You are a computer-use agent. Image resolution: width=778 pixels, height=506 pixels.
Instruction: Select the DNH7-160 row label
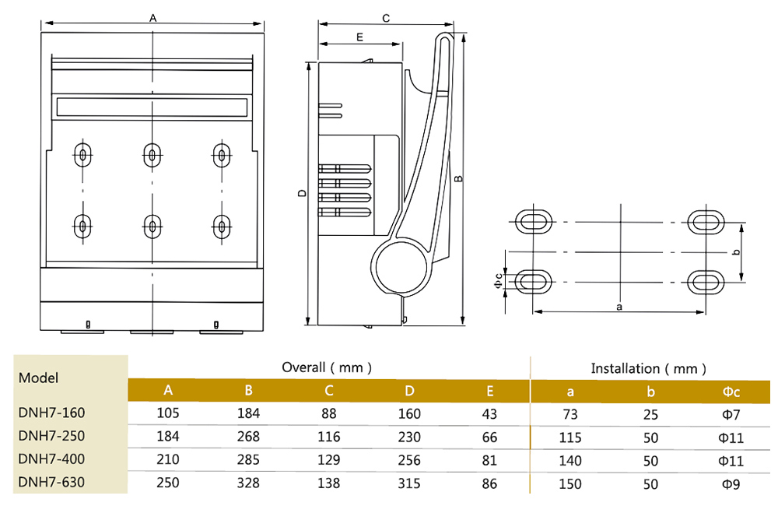tap(51, 413)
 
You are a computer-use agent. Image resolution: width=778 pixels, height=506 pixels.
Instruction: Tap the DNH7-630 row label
tap(51, 482)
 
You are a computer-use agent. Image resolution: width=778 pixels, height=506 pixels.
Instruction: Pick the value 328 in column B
tap(248, 483)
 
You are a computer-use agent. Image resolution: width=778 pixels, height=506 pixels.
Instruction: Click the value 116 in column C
tap(328, 437)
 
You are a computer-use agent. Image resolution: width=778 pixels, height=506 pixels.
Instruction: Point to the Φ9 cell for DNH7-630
tap(731, 483)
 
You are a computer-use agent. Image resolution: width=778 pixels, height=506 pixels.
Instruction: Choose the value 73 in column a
tap(570, 414)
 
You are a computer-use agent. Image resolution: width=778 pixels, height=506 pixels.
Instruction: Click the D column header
tap(409, 391)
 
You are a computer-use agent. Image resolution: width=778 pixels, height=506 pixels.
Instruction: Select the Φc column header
tap(731, 392)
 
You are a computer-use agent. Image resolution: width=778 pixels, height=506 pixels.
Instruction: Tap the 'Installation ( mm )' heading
tap(648, 368)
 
